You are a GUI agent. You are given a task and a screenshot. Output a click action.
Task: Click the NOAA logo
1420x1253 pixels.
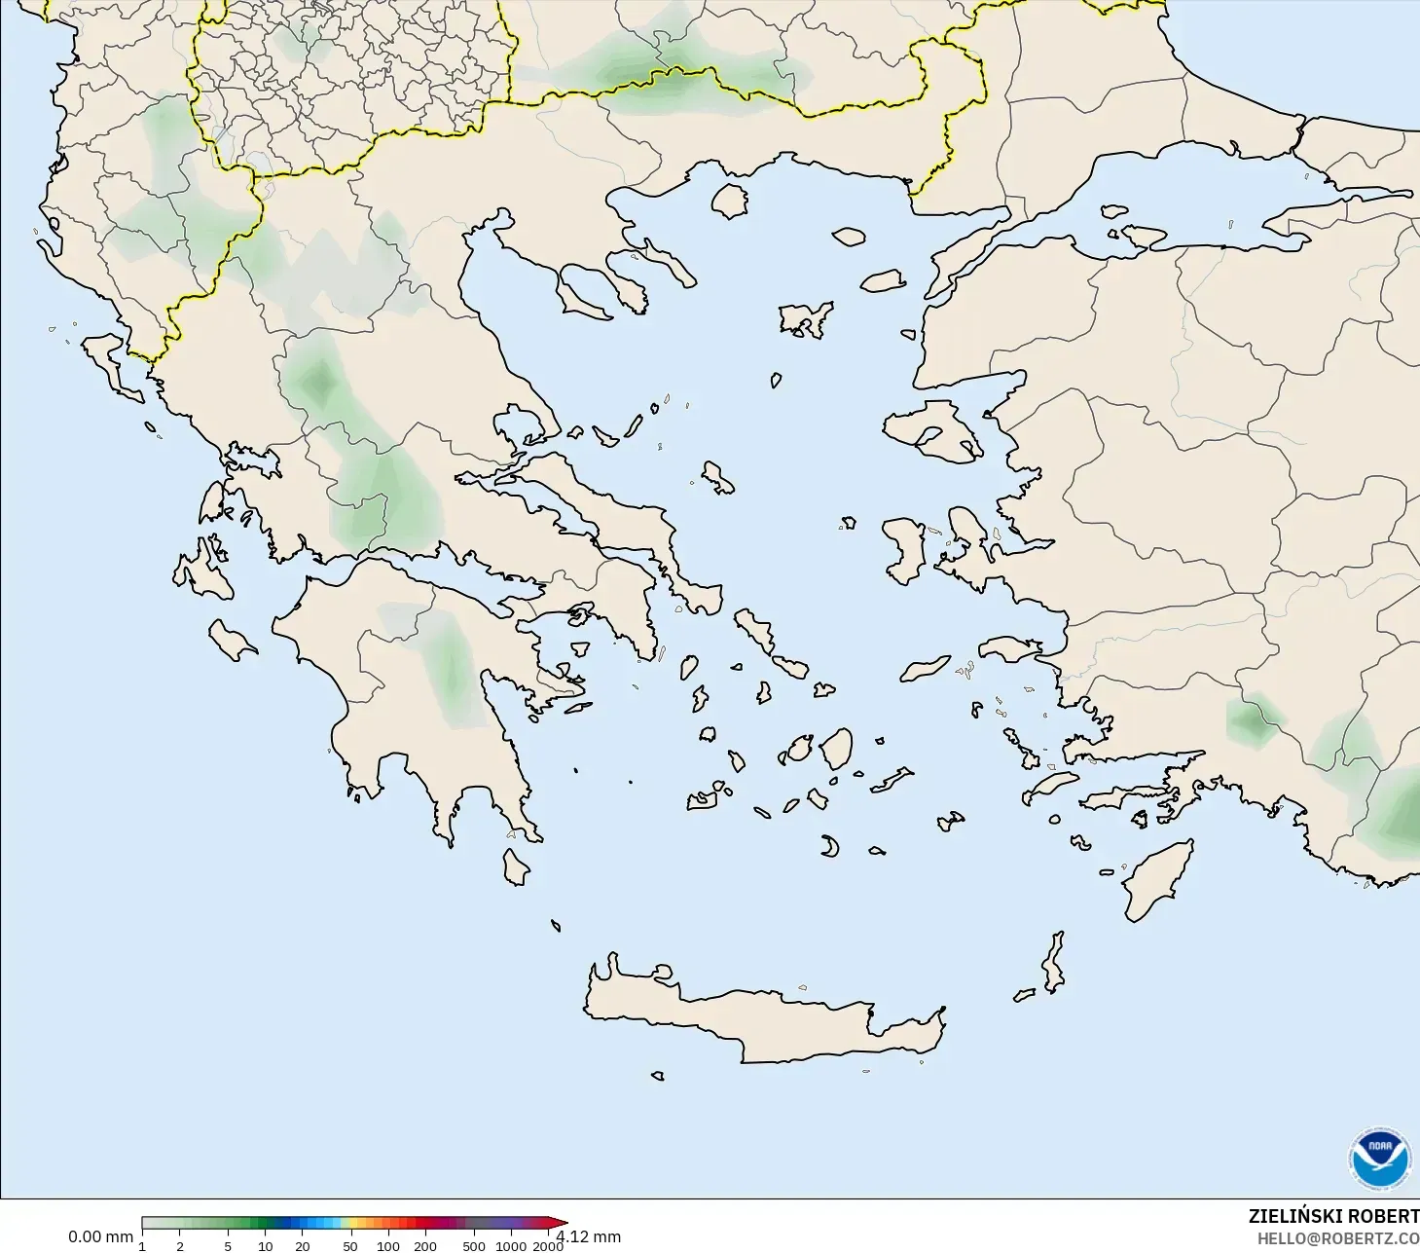(x=1379, y=1159)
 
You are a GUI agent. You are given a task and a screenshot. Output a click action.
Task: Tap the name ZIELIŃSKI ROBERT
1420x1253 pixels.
(x=1333, y=1216)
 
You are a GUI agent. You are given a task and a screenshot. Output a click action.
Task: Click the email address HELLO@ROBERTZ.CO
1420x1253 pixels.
(x=1337, y=1238)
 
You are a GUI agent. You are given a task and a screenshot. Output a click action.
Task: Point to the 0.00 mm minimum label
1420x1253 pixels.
(x=100, y=1236)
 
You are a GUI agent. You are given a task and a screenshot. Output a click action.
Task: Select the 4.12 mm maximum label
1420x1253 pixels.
(x=590, y=1236)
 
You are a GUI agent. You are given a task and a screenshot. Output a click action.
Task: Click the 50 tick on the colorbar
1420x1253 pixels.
(x=350, y=1245)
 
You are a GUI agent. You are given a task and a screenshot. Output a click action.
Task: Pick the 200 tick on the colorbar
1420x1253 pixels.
(x=425, y=1245)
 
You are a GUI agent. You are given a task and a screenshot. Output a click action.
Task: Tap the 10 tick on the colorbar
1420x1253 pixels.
(x=265, y=1245)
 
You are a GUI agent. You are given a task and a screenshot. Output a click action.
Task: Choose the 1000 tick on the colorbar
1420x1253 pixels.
(x=511, y=1245)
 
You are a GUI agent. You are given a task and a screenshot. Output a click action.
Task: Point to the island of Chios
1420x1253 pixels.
(x=904, y=549)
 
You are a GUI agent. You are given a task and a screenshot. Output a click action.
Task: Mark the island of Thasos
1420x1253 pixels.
(x=729, y=201)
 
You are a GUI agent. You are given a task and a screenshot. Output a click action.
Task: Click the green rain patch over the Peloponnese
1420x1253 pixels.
(x=452, y=672)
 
